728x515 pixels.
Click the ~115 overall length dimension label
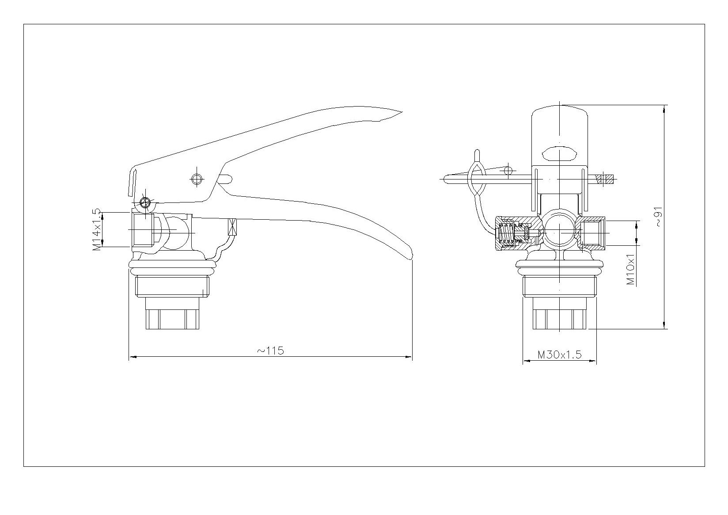pyautogui.click(x=270, y=351)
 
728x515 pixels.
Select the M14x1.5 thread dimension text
pyautogui.click(x=97, y=229)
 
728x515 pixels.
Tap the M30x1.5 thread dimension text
pyautogui.click(x=559, y=354)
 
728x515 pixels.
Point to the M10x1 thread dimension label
pyautogui.click(x=630, y=269)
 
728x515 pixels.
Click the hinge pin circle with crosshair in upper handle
pyautogui.click(x=197, y=179)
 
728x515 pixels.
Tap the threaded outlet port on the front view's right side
pyautogui.click(x=593, y=233)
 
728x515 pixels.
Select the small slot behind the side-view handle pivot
pyautogui.click(x=224, y=179)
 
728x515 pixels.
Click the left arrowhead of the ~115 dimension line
pyautogui.click(x=133, y=357)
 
